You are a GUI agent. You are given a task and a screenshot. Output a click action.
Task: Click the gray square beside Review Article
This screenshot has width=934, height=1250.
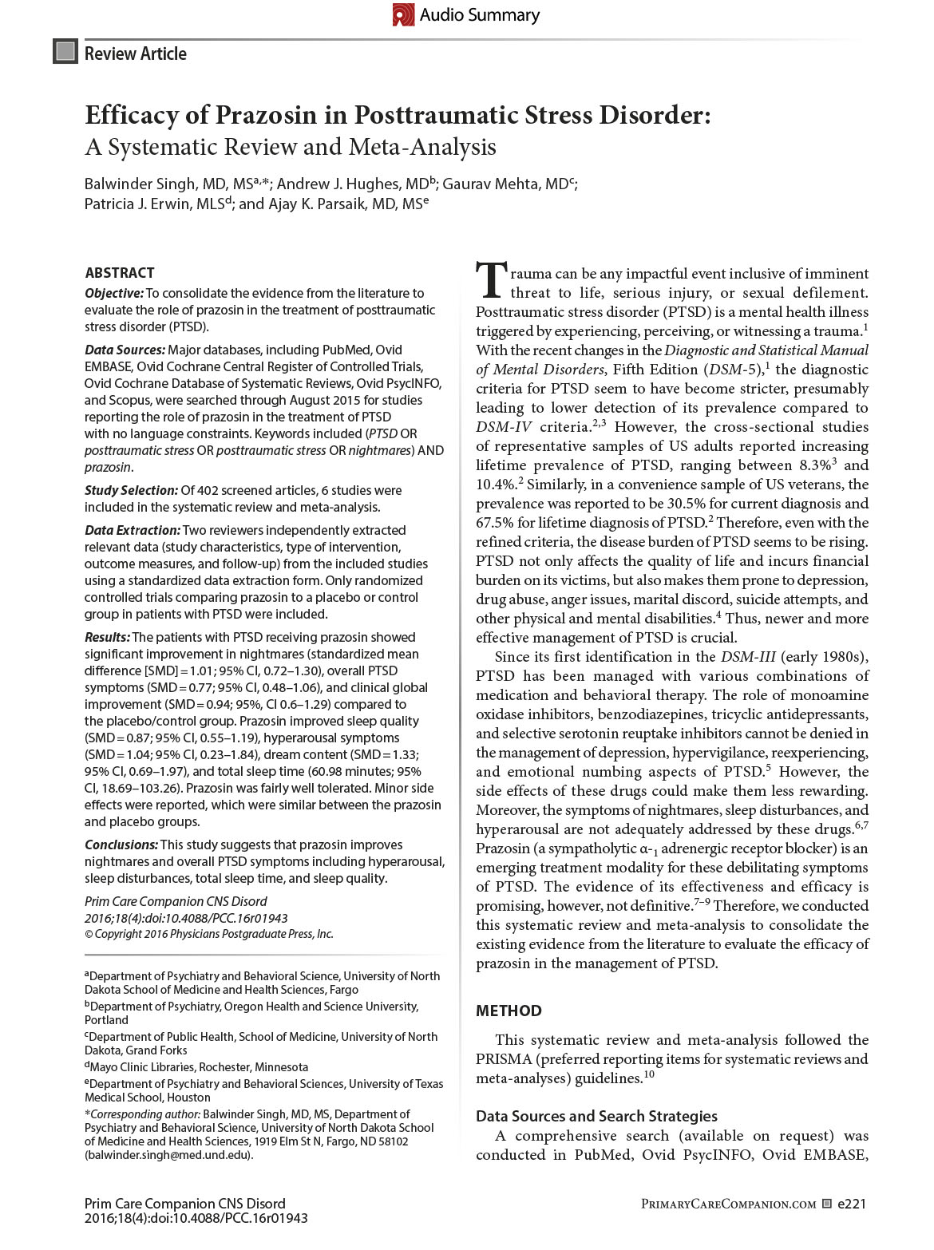(65, 53)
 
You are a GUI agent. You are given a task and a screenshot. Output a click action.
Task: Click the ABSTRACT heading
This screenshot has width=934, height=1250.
(119, 272)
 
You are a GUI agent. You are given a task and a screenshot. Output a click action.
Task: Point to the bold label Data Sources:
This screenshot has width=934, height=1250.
(124, 350)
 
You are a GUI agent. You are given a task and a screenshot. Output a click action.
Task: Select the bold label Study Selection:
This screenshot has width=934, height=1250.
(131, 490)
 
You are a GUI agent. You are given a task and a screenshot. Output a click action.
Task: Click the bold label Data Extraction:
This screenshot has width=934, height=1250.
(133, 530)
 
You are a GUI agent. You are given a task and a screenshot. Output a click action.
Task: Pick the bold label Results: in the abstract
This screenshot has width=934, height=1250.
(107, 637)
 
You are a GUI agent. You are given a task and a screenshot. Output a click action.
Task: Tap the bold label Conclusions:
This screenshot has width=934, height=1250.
(121, 845)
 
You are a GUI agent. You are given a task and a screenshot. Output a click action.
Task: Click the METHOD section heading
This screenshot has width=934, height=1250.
(509, 1011)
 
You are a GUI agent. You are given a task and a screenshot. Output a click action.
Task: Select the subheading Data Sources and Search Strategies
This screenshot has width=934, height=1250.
(596, 1116)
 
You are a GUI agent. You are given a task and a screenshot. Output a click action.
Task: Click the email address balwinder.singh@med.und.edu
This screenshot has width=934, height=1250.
(168, 1155)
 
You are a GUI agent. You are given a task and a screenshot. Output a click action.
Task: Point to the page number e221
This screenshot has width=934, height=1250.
(852, 1204)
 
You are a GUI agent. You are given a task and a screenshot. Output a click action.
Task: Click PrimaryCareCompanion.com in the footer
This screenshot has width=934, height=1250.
(728, 1205)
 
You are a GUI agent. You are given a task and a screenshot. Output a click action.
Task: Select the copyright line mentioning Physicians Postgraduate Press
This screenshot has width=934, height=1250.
(209, 934)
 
